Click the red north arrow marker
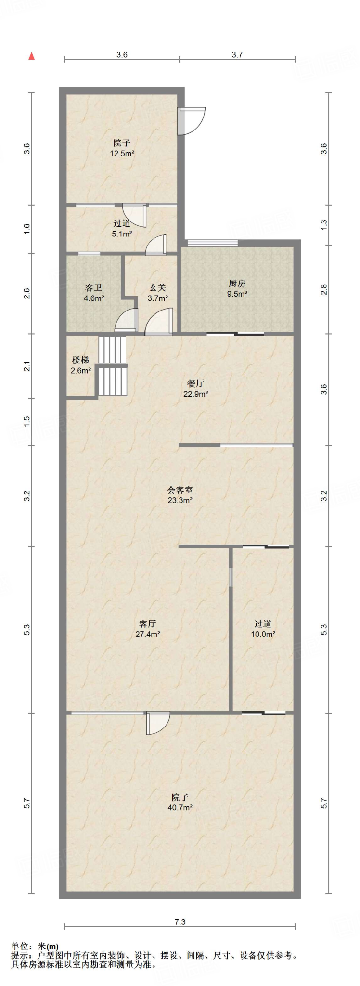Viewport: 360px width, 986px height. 32,56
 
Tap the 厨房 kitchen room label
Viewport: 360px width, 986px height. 237,284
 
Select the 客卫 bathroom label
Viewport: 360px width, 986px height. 93,288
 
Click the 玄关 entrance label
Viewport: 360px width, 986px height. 157,288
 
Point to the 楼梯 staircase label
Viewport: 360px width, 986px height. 80,360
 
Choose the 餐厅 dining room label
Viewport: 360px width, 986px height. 195,383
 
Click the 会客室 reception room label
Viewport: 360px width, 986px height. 180,490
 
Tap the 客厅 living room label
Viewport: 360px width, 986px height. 147,624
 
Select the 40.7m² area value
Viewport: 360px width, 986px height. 180,808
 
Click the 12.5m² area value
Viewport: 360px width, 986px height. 122,154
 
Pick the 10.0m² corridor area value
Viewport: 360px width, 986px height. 263,635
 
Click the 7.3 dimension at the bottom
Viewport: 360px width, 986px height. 180,922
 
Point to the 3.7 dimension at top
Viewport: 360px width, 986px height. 237,55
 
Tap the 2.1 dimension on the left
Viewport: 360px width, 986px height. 27,366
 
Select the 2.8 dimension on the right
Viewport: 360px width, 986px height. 324,289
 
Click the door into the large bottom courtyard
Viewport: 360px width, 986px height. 158,723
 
